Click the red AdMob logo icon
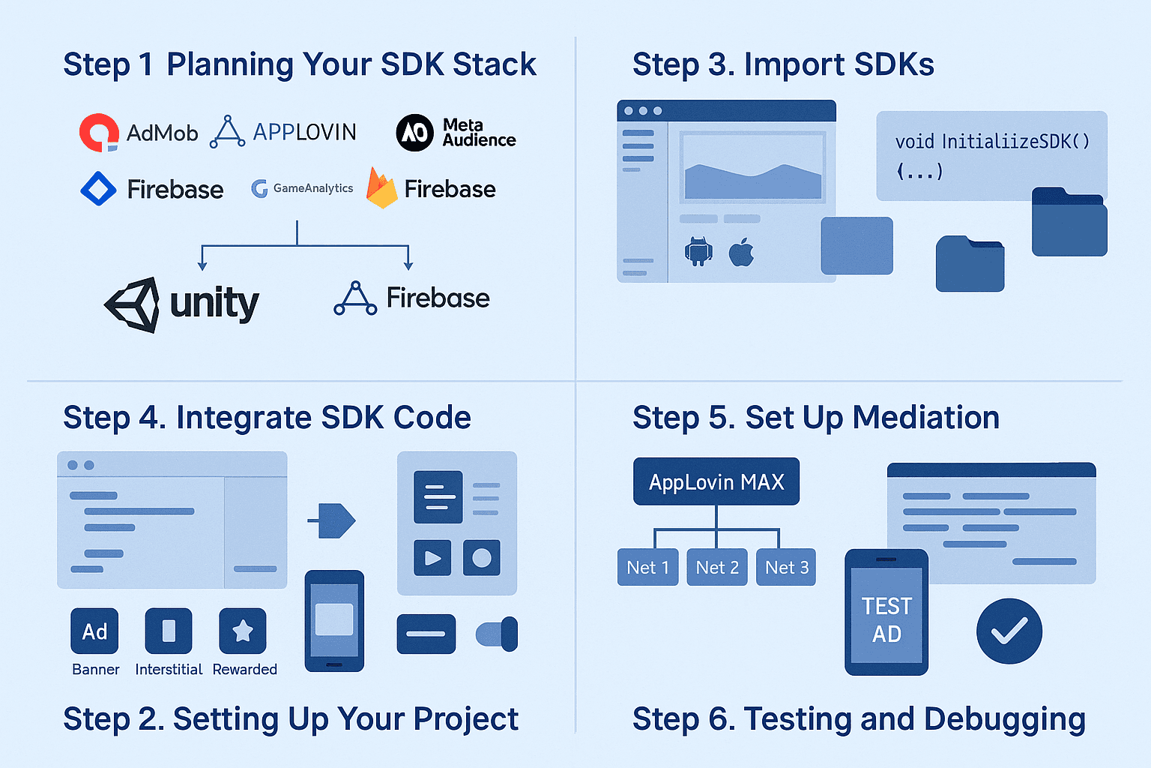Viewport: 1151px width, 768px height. tap(99, 132)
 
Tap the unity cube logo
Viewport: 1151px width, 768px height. tap(132, 304)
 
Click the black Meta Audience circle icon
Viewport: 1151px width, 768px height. tap(414, 133)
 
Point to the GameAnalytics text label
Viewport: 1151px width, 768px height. tap(313, 188)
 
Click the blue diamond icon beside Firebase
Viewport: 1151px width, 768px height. tap(99, 189)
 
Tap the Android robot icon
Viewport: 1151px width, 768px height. tap(698, 251)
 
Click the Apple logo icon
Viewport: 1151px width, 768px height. tap(741, 252)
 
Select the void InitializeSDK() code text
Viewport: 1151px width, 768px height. tap(992, 142)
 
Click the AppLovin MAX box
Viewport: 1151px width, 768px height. tap(716, 481)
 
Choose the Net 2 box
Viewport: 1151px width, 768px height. tap(717, 568)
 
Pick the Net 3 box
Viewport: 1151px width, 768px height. tap(786, 568)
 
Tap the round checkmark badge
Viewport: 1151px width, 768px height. tap(1009, 631)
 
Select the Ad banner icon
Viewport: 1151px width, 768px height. tap(94, 631)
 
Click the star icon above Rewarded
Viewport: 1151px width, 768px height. tap(243, 631)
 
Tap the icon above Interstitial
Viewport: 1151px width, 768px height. tap(169, 631)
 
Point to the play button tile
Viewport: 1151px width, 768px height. tap(432, 557)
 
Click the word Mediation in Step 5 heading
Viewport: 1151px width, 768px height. tap(926, 417)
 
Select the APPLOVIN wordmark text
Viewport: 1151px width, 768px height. tap(304, 132)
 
